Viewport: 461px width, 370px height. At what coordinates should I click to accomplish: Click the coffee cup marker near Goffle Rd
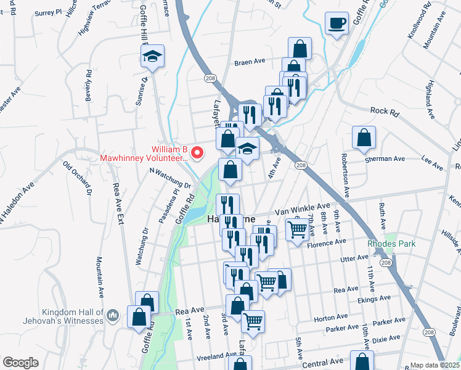(337, 24)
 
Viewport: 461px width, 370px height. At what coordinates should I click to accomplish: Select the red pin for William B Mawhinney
(197, 152)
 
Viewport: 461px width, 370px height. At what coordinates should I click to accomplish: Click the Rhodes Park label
(391, 244)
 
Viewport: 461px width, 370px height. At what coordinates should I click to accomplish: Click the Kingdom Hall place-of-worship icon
(112, 316)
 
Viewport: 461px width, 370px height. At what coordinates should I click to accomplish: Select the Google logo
(21, 363)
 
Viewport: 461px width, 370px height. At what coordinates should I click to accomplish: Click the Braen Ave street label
(249, 62)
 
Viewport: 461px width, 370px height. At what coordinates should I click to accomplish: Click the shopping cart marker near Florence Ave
(297, 230)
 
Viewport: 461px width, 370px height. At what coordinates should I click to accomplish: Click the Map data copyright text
(435, 365)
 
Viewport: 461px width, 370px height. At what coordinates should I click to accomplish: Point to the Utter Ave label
(353, 260)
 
